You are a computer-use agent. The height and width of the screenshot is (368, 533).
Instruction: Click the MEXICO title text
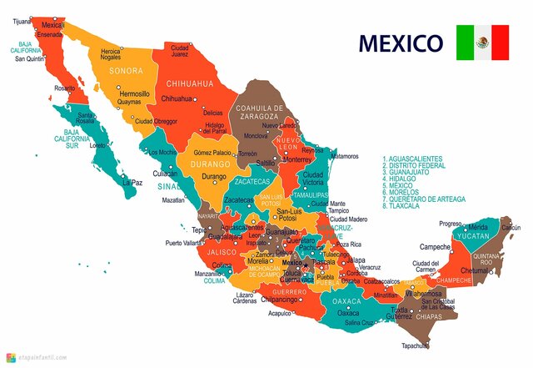[400, 42]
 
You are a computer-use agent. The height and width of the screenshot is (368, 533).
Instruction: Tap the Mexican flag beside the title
[482, 43]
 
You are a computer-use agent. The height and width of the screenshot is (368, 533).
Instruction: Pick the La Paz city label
[132, 182]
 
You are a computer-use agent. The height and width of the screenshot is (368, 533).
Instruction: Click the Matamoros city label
[344, 156]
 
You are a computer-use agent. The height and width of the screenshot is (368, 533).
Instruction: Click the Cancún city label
[511, 227]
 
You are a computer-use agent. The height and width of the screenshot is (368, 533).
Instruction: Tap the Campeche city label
[435, 247]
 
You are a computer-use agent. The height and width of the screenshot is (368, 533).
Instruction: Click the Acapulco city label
[280, 314]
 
